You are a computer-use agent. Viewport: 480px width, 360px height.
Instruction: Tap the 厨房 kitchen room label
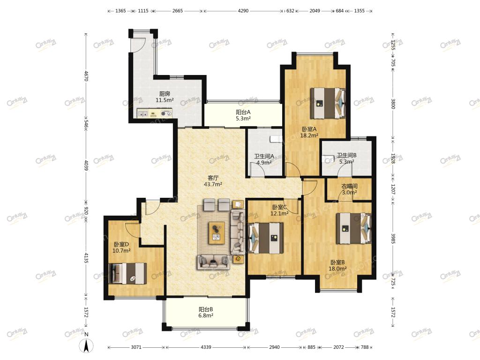coord(165,94)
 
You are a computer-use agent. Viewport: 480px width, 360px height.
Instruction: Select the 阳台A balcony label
coord(243,112)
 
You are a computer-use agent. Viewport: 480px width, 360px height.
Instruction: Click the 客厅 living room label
coord(213,178)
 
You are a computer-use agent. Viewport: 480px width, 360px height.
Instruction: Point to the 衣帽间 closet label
coord(349,186)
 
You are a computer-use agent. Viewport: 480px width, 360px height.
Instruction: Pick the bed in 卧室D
coord(127,273)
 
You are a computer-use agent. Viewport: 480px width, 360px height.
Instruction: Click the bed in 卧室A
coord(328,103)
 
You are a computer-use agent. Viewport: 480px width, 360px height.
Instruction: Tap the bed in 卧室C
coord(266,238)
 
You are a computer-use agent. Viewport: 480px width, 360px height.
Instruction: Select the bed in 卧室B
coord(354,228)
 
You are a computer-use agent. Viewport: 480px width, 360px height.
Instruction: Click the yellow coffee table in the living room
coord(217,233)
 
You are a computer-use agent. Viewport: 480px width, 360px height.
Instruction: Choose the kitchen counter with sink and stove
coord(155,113)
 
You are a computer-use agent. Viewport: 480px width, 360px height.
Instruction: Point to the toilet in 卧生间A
coord(276,140)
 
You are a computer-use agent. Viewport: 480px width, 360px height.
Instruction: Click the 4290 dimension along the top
coord(243,11)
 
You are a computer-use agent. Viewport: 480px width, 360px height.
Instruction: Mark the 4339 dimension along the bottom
coord(206,347)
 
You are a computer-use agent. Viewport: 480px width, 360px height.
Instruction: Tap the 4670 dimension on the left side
coord(86,76)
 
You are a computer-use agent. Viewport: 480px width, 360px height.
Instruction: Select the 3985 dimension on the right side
coord(393,238)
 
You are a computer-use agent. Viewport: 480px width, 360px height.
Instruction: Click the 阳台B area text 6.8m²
coord(206,315)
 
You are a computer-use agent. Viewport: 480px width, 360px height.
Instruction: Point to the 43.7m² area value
coord(213,184)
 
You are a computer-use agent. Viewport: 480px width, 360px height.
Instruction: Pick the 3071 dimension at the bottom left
coord(136,347)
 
